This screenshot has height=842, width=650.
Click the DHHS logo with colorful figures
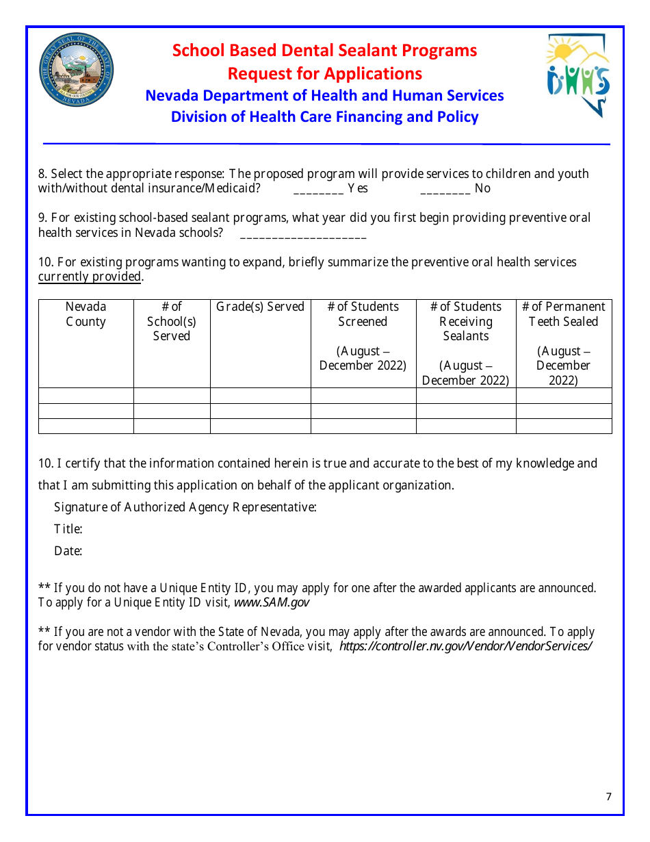click(x=577, y=75)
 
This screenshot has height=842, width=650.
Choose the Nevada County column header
click(x=86, y=314)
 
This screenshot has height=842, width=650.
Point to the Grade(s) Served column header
click(x=260, y=307)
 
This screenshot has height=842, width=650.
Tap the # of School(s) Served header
click(x=172, y=321)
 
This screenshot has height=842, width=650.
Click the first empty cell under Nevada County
click(x=86, y=396)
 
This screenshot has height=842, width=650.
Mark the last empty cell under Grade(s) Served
click(x=260, y=426)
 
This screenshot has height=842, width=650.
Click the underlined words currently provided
click(x=90, y=277)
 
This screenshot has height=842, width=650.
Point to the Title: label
click(x=68, y=529)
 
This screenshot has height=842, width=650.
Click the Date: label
click(x=68, y=551)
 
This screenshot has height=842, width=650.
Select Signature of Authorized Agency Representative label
click(x=185, y=507)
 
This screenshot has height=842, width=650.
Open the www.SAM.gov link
click(x=272, y=602)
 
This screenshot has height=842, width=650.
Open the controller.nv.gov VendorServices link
click(x=465, y=646)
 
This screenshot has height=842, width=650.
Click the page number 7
click(x=608, y=796)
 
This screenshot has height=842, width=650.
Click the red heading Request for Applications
click(x=324, y=73)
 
